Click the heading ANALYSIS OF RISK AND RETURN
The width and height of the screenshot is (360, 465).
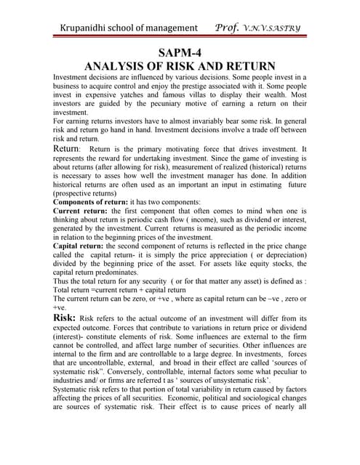pyautogui.click(x=180, y=66)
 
